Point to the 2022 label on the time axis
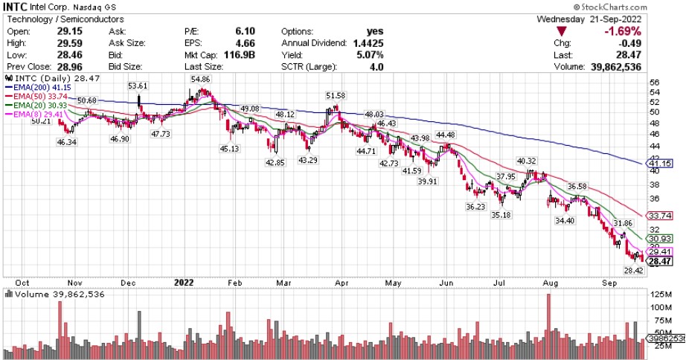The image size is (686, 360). point(183,283)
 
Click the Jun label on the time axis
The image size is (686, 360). point(446,283)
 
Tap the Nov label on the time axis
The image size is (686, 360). point(74,283)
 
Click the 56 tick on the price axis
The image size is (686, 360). point(654,83)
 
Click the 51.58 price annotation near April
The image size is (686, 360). point(336,95)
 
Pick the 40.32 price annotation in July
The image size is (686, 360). point(526,161)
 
